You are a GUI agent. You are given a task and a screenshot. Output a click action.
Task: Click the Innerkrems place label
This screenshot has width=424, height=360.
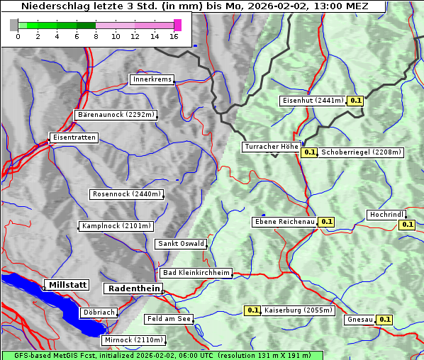151,79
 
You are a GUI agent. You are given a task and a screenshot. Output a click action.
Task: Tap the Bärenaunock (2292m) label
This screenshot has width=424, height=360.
115,114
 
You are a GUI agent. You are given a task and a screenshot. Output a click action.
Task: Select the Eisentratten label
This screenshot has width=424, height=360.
73,137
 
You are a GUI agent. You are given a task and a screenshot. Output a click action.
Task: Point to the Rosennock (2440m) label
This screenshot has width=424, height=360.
127,194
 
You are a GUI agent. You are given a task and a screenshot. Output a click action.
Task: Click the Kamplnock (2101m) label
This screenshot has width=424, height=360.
116,226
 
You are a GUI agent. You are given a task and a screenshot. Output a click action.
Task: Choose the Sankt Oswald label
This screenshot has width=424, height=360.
180,244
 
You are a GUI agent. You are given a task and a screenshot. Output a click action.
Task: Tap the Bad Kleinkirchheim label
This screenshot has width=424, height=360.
196,273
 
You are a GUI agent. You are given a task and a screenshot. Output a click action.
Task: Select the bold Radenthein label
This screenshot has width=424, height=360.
133,288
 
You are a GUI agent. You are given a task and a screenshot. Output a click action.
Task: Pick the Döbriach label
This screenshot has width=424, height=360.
98,312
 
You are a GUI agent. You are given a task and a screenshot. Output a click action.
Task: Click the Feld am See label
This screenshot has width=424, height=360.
168,319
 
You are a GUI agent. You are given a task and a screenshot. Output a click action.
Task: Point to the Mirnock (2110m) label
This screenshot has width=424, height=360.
133,340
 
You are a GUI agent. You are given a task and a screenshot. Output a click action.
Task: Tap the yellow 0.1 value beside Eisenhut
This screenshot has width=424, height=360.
355,101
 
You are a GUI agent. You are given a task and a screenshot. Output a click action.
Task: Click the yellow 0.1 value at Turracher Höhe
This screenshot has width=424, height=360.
309,152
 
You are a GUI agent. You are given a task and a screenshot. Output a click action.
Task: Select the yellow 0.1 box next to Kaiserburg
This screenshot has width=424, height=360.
252,310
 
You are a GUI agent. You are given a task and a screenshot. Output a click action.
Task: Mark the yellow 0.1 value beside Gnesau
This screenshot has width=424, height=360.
384,320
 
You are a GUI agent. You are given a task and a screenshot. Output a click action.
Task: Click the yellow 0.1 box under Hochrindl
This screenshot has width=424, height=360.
407,225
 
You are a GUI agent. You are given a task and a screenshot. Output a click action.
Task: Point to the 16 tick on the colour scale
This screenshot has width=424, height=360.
174,36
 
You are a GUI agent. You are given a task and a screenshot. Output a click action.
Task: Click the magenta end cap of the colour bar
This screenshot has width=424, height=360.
177,25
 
